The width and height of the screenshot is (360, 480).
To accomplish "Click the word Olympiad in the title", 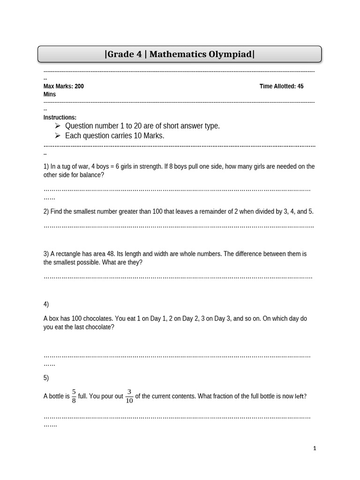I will (230, 54).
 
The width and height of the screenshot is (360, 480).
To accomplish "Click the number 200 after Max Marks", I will (79, 86).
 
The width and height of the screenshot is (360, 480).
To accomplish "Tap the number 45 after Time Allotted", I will (300, 86).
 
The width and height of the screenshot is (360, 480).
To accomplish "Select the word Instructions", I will (60, 118).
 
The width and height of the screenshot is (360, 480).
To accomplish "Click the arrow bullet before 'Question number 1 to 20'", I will (58, 126).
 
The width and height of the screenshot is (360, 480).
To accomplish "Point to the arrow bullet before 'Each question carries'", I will (58, 135).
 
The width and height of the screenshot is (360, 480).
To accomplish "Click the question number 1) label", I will (46, 166).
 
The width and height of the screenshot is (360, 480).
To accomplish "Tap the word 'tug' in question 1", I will (75, 166).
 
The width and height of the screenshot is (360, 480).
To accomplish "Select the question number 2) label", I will (46, 211).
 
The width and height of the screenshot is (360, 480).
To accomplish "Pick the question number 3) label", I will (46, 254).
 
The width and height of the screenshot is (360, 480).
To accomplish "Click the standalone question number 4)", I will (46, 304).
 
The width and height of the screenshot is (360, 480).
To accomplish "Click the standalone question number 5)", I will (46, 378).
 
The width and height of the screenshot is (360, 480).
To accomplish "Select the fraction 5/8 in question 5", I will (74, 396).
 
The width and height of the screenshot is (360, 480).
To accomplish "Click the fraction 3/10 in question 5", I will (129, 396).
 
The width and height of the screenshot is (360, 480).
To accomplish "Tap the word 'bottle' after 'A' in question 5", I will (57, 397).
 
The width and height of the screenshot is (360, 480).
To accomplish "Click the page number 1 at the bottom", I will (315, 449).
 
